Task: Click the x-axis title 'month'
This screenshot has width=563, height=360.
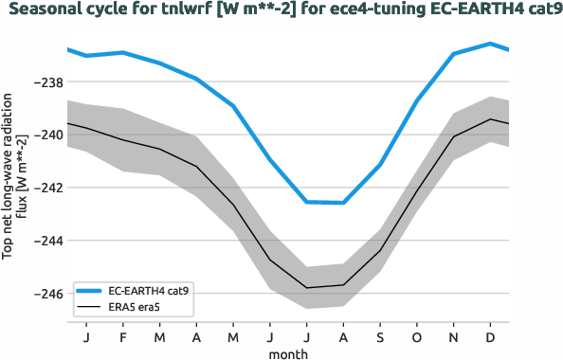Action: pyautogui.click(x=287, y=353)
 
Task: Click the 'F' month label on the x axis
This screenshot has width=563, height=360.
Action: pyautogui.click(x=123, y=337)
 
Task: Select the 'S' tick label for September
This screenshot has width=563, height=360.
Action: pyautogui.click(x=380, y=337)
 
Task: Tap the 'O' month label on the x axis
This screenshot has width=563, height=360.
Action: pyautogui.click(x=417, y=337)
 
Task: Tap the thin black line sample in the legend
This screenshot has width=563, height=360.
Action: pyautogui.click(x=89, y=308)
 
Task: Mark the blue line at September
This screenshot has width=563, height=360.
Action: pyautogui.click(x=380, y=165)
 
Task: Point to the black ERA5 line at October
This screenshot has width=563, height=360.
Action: pyautogui.click(x=417, y=190)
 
